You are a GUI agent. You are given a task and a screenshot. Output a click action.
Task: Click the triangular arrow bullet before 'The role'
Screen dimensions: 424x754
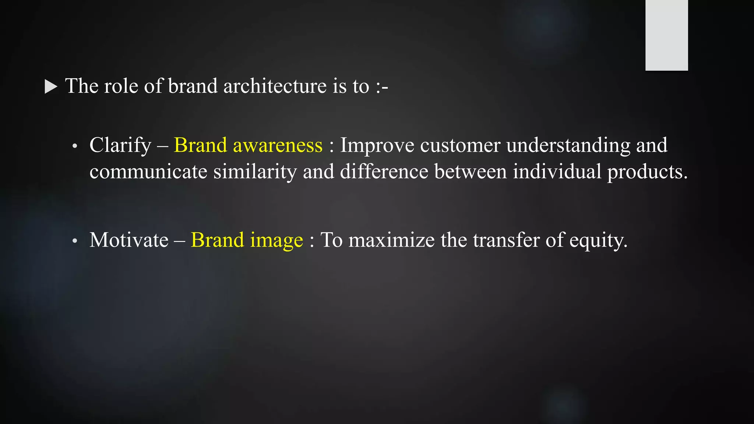(x=51, y=87)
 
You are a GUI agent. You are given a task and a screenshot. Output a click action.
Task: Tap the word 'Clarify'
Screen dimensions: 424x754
(x=120, y=145)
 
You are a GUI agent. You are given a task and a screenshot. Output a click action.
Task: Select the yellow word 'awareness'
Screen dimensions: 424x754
(x=278, y=145)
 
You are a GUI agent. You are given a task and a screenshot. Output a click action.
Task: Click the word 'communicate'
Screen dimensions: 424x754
(x=148, y=172)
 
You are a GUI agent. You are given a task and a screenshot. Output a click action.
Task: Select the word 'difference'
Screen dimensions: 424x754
(x=384, y=172)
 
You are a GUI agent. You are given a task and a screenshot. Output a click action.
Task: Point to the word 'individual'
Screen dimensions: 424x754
(x=557, y=172)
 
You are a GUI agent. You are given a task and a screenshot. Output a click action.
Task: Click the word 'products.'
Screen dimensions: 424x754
(x=647, y=172)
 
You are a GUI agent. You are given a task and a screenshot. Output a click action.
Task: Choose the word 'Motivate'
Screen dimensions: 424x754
(x=129, y=240)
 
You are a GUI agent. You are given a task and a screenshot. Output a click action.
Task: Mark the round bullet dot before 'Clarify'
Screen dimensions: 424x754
(x=75, y=146)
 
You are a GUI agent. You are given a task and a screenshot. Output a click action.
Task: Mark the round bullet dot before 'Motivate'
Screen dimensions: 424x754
(x=75, y=241)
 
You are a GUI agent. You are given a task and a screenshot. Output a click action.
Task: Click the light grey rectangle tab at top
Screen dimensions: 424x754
(x=666, y=35)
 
